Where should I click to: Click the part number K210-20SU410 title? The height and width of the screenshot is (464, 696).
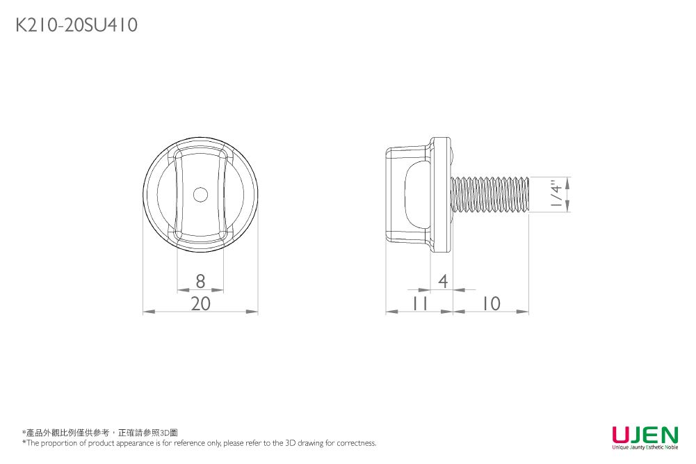pyautogui.click(x=76, y=26)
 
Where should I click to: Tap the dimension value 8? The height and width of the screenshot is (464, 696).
pyautogui.click(x=200, y=281)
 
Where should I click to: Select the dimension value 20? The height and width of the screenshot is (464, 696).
pyautogui.click(x=200, y=303)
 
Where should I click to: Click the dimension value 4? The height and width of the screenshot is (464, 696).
pyautogui.click(x=443, y=281)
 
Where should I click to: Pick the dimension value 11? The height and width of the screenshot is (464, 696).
pyautogui.click(x=419, y=303)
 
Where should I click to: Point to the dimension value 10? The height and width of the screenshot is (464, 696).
pyautogui.click(x=490, y=303)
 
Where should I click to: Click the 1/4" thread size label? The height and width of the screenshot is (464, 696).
pyautogui.click(x=555, y=194)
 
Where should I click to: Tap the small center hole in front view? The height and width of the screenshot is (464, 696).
pyautogui.click(x=200, y=195)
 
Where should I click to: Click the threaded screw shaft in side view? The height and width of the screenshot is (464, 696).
pyautogui.click(x=489, y=195)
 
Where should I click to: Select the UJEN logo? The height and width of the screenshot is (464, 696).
pyautogui.click(x=644, y=437)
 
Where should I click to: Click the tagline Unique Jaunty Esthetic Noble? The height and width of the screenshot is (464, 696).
pyautogui.click(x=644, y=447)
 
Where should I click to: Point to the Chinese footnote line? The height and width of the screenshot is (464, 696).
pyautogui.click(x=101, y=433)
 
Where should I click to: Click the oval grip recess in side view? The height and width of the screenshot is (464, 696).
pyautogui.click(x=415, y=195)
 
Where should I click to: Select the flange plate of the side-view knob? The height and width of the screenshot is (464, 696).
pyautogui.click(x=439, y=194)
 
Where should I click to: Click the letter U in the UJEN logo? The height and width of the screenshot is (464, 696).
pyautogui.click(x=620, y=435)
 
